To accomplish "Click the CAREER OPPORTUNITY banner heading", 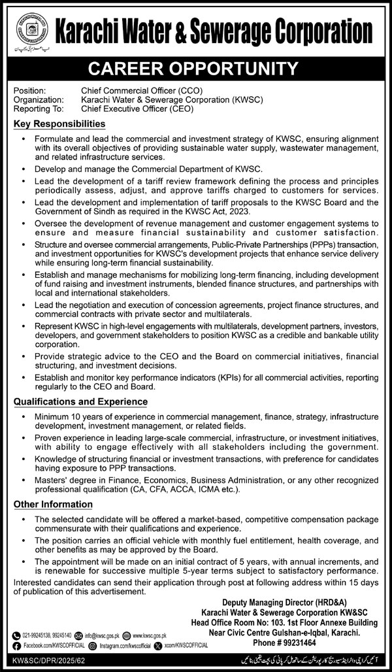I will (x=196, y=67).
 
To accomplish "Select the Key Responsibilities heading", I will (x=59, y=124).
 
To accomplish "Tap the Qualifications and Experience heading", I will (x=80, y=401).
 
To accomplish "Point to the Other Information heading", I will (x=53, y=504).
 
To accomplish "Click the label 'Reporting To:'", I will (x=38, y=109).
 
